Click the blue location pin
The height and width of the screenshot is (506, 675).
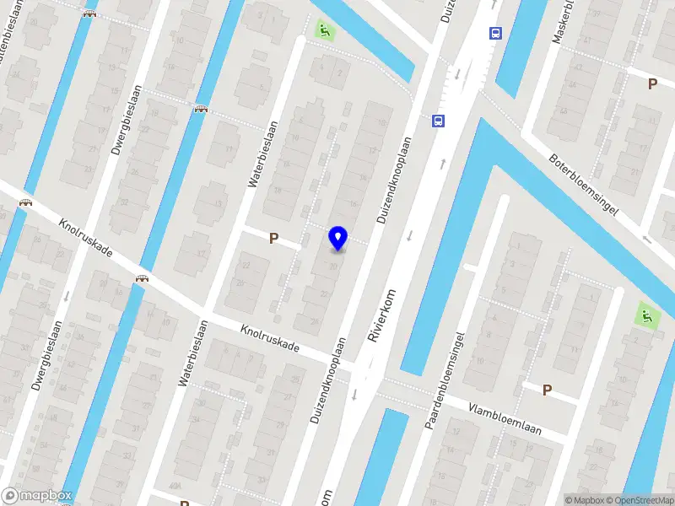[x=337, y=238]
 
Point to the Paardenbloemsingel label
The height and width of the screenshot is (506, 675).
[x=446, y=379]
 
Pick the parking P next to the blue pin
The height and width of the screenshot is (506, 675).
[x=273, y=239]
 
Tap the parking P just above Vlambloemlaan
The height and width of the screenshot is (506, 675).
[x=547, y=390]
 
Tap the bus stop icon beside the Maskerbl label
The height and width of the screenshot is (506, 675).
[x=495, y=34]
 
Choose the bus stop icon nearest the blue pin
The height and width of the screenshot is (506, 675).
[x=438, y=121]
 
